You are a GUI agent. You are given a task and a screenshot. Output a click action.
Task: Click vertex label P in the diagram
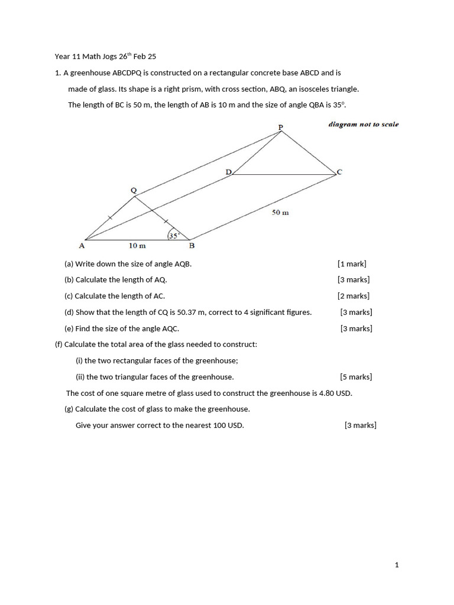[281, 126]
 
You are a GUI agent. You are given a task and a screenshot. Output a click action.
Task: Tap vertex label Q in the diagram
[133, 190]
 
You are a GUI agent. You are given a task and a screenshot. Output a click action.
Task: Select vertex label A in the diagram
[82, 245]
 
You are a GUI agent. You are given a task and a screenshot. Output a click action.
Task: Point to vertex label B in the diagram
[191, 245]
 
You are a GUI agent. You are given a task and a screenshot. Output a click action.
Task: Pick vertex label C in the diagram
[339, 172]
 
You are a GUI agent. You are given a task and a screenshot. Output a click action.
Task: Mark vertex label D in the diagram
[228, 172]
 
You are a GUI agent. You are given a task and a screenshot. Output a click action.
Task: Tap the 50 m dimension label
[280, 213]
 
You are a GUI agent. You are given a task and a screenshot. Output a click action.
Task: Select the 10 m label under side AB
[137, 245]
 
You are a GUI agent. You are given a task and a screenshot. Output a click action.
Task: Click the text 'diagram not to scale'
[364, 125]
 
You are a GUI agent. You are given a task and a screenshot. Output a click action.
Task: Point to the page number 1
[397, 565]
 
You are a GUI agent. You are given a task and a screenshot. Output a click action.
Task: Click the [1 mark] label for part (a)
[352, 264]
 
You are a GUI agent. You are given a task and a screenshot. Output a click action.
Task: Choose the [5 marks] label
[356, 377]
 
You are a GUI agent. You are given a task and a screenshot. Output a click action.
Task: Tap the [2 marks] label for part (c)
[354, 296]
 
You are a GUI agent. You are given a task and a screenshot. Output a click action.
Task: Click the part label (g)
[69, 409]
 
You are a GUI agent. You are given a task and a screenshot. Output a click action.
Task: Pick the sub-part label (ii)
[80, 377]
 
